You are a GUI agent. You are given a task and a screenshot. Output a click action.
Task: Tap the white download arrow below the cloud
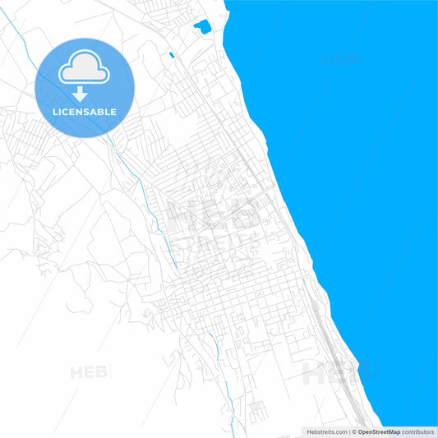[79, 94]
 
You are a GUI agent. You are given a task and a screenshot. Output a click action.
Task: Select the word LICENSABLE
[85, 112]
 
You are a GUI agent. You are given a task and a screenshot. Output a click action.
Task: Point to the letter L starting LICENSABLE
[54, 112]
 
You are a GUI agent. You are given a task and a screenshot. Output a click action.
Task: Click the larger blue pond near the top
[201, 27]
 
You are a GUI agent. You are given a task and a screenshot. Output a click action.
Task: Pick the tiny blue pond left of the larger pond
[171, 55]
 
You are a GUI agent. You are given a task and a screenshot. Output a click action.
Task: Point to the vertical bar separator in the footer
[349, 431]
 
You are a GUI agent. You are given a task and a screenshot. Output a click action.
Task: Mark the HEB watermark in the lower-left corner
[89, 372]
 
